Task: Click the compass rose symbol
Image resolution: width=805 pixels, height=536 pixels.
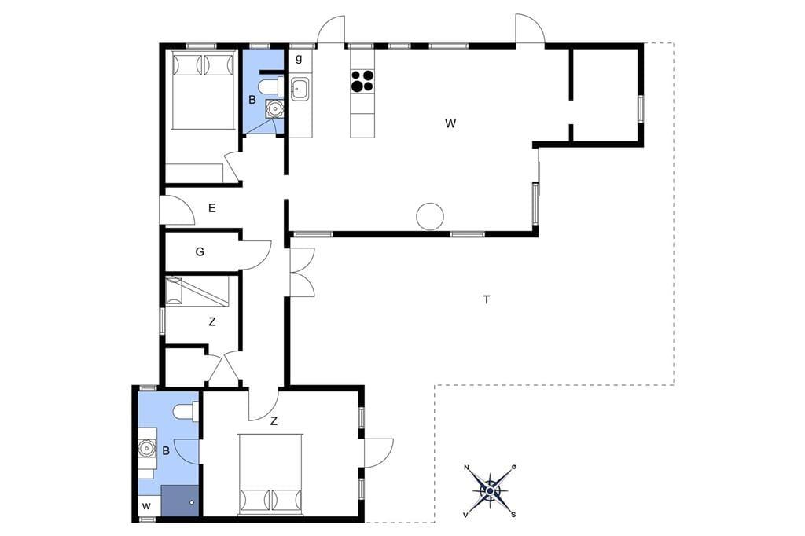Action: click(x=490, y=491)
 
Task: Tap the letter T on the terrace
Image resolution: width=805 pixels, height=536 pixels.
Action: click(x=486, y=299)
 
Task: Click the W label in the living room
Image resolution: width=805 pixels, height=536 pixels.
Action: click(x=450, y=123)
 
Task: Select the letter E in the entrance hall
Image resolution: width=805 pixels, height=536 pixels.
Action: click(x=211, y=208)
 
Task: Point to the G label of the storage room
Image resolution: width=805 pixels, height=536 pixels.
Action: click(x=200, y=251)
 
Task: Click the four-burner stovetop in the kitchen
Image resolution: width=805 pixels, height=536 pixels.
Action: click(x=362, y=81)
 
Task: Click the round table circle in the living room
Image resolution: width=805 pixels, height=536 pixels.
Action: click(x=430, y=216)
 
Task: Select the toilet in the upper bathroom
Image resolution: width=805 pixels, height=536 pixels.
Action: click(x=270, y=86)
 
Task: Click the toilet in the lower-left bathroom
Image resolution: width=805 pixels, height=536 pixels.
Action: click(x=186, y=412)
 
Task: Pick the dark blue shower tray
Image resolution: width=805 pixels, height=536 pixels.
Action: click(x=180, y=501)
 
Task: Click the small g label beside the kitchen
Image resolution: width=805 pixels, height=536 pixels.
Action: click(x=298, y=58)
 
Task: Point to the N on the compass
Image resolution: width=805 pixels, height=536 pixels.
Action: click(x=467, y=468)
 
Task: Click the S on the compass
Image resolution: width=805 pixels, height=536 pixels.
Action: click(x=513, y=515)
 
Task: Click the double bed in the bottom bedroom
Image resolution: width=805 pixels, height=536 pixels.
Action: click(x=271, y=474)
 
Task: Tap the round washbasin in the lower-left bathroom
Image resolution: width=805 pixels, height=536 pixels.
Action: click(x=147, y=448)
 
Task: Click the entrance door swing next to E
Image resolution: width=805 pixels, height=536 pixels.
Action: click(x=177, y=211)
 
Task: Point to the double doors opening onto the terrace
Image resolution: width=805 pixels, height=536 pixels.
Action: click(x=303, y=272)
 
